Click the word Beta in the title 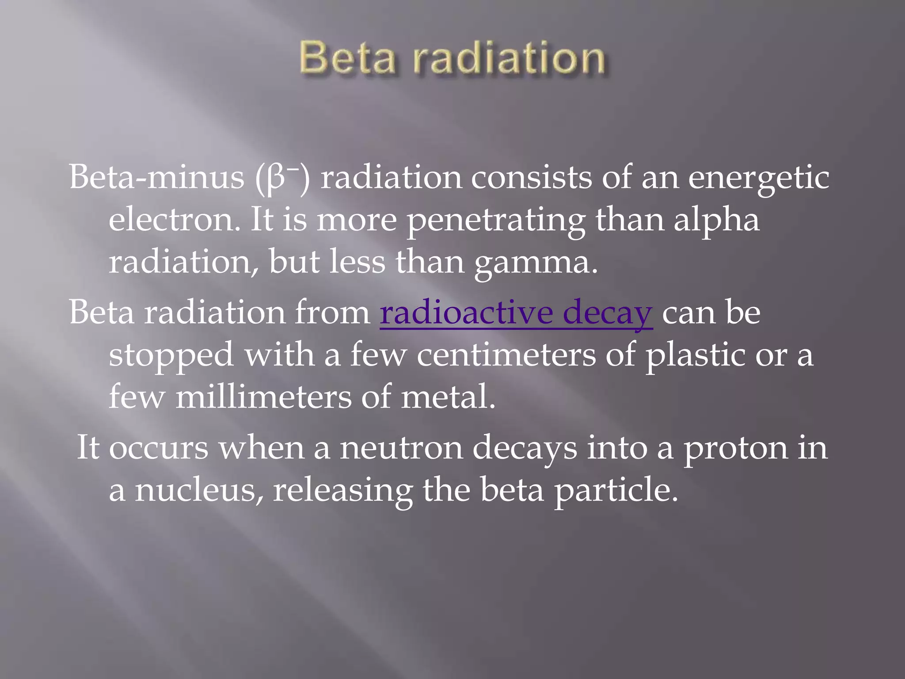(x=347, y=58)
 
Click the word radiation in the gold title (x=509, y=58)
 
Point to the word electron (x=175, y=220)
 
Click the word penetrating (x=496, y=220)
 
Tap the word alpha (x=716, y=220)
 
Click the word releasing (x=342, y=491)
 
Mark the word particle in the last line (x=616, y=491)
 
